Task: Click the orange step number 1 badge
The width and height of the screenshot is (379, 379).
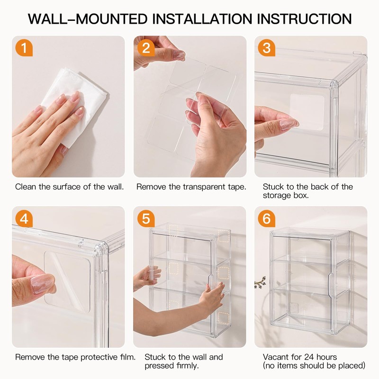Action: pyautogui.click(x=24, y=48)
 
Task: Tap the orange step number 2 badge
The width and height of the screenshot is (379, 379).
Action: pyautogui.click(x=146, y=48)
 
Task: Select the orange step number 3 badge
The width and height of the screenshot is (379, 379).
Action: pyautogui.click(x=266, y=48)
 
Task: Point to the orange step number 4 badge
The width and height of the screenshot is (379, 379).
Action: pyautogui.click(x=24, y=218)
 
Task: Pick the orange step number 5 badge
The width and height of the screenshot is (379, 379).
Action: pyautogui.click(x=146, y=218)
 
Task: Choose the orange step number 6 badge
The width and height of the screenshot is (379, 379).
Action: pyautogui.click(x=266, y=218)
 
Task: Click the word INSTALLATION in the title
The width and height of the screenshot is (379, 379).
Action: pyautogui.click(x=202, y=19)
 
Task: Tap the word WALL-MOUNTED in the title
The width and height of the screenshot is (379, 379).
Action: pyautogui.click(x=88, y=19)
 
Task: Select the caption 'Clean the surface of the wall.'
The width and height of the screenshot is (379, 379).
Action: pyautogui.click(x=69, y=187)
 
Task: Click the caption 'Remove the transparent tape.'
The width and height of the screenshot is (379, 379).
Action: pyautogui.click(x=191, y=187)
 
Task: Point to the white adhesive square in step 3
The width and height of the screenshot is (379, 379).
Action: pyautogui.click(x=307, y=112)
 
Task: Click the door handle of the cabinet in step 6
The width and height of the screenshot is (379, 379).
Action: pyautogui.click(x=331, y=285)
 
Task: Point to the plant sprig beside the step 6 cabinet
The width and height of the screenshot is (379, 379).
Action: pyautogui.click(x=260, y=282)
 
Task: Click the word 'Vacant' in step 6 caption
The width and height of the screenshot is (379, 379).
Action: pyautogui.click(x=275, y=357)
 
